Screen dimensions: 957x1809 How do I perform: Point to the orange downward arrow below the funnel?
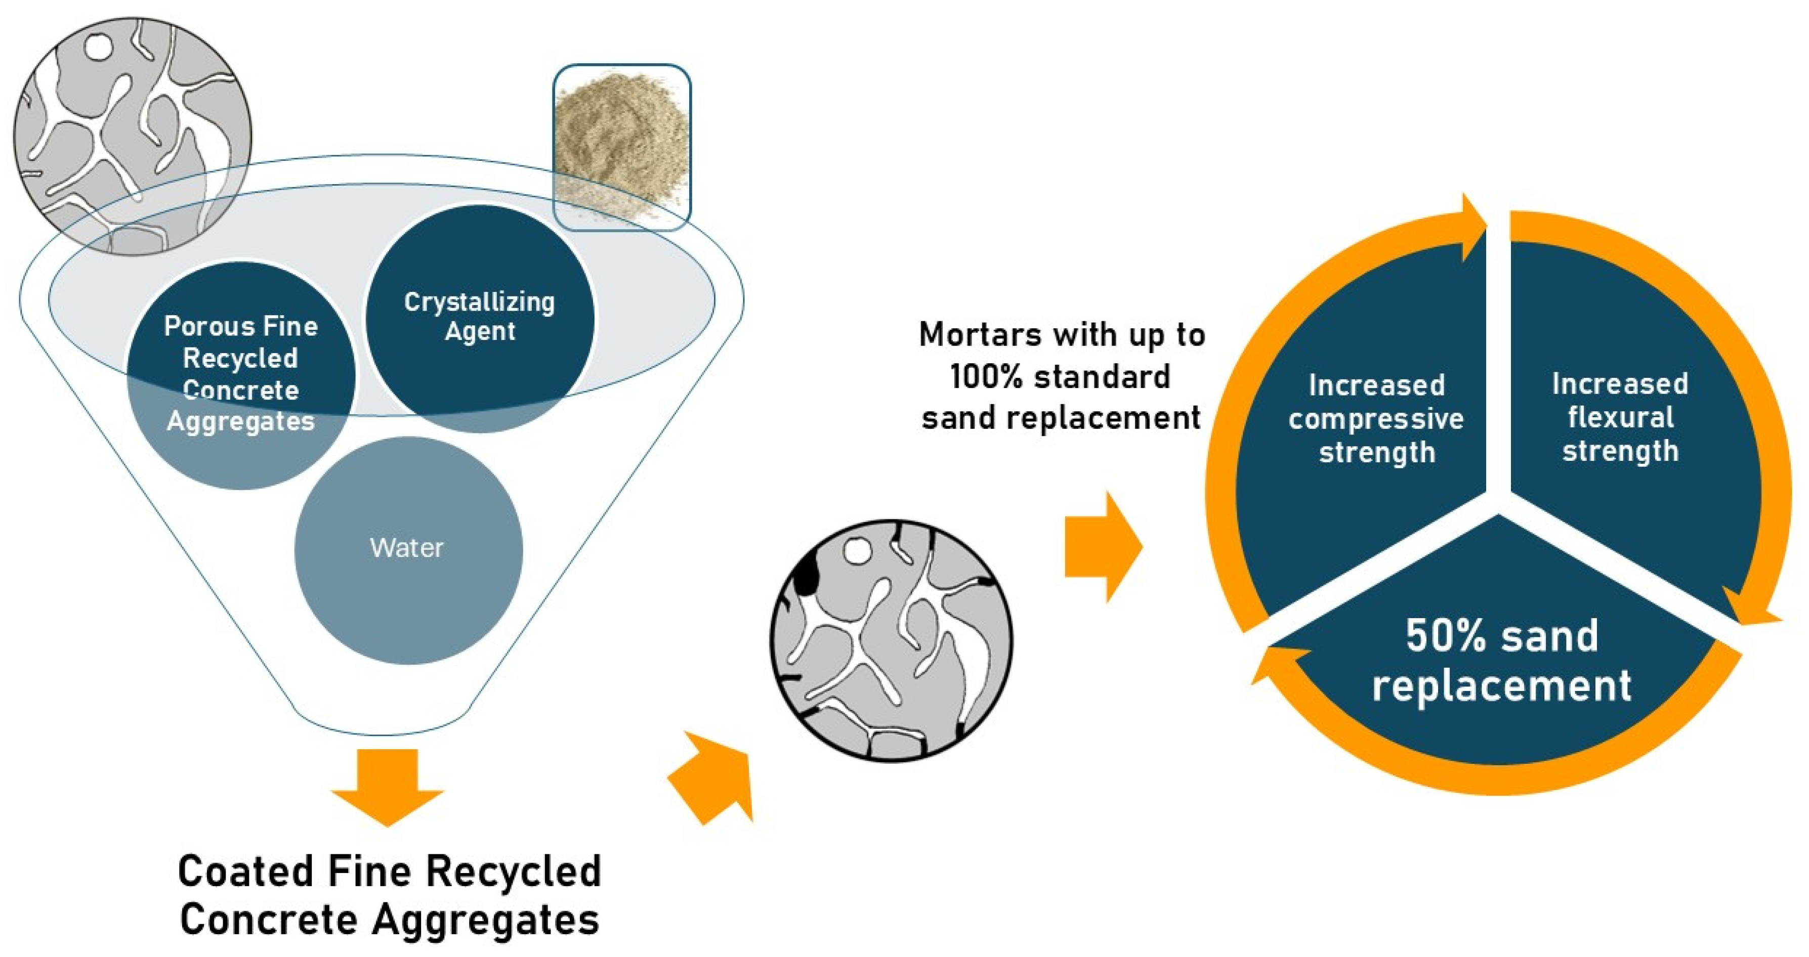click(388, 787)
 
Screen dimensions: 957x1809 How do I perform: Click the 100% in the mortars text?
click(987, 377)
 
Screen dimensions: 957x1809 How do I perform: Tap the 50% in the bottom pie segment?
click(1443, 636)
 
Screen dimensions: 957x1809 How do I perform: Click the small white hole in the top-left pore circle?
click(98, 47)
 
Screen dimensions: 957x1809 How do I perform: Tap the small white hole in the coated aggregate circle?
click(857, 551)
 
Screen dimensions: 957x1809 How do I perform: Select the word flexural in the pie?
click(1620, 418)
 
